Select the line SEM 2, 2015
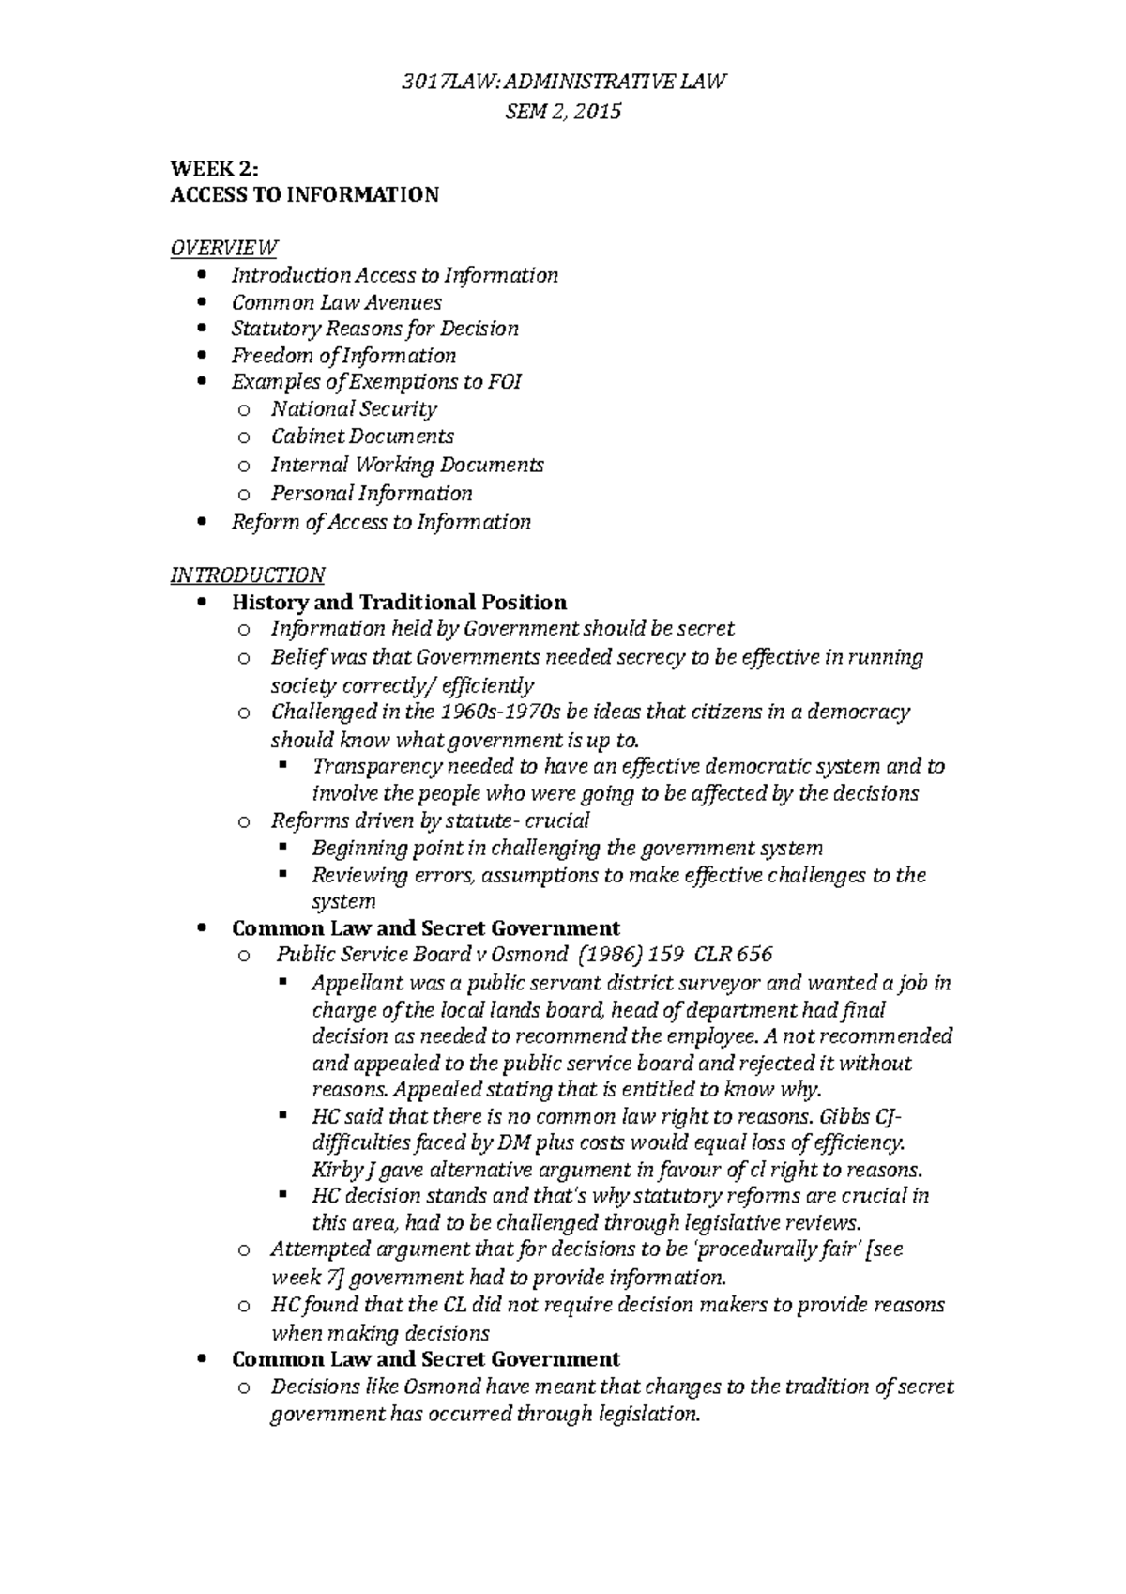[563, 112]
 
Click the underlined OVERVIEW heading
[223, 249]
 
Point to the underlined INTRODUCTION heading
[247, 575]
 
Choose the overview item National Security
[354, 409]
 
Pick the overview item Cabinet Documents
[362, 437]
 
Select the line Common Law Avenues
[336, 302]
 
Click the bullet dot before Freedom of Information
[204, 356]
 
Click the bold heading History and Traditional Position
[399, 602]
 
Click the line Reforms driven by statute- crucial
[430, 820]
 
